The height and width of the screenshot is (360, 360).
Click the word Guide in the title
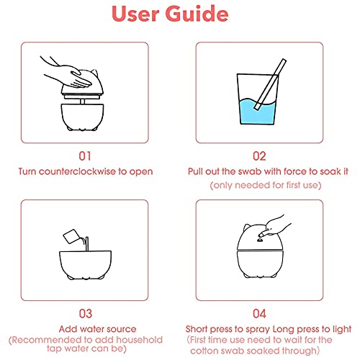coord(197,14)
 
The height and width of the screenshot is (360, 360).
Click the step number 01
coord(85,156)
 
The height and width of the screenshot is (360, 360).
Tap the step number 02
coord(259,156)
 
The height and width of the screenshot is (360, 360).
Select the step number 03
coord(86,314)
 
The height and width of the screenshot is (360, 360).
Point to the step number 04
coord(259,314)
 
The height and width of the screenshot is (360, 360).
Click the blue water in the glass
coord(257,112)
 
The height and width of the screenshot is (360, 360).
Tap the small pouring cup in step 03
coord(71,236)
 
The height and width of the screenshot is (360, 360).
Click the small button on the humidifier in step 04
coord(260,239)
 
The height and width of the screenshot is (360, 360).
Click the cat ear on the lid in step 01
coord(94,73)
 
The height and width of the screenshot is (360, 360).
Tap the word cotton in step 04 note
coord(204,351)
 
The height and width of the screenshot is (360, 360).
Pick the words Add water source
coord(97,329)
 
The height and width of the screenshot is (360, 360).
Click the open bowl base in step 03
coord(85,264)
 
